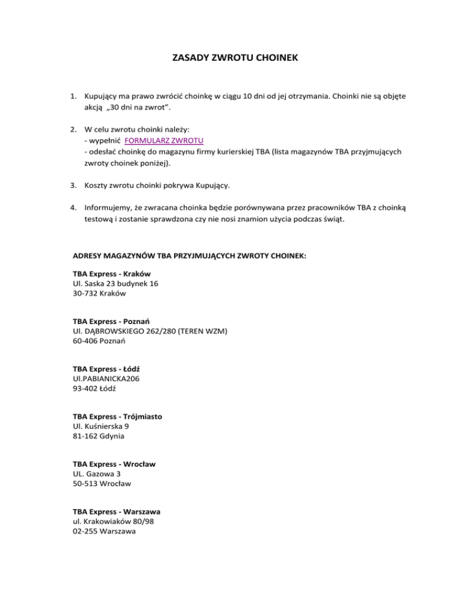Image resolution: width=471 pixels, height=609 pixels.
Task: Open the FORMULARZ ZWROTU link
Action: pos(164,140)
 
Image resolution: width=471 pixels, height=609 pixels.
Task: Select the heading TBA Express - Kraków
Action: pos(112,273)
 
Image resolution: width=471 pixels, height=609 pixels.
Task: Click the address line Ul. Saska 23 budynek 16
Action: pos(115,284)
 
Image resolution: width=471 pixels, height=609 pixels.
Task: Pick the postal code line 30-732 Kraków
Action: pos(99,294)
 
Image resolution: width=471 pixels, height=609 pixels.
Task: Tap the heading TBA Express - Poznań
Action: pos(112,321)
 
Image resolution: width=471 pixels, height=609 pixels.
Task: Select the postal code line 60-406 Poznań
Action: pos(99,342)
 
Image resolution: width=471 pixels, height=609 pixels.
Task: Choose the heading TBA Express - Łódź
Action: pos(108,369)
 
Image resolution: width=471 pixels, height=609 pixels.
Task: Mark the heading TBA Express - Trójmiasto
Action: pos(118,417)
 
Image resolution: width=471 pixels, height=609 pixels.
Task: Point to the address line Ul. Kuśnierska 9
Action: pos(101,427)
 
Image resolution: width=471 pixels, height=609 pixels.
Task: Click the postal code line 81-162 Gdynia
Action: pos(98,437)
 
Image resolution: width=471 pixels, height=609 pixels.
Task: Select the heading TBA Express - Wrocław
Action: pos(113,464)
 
